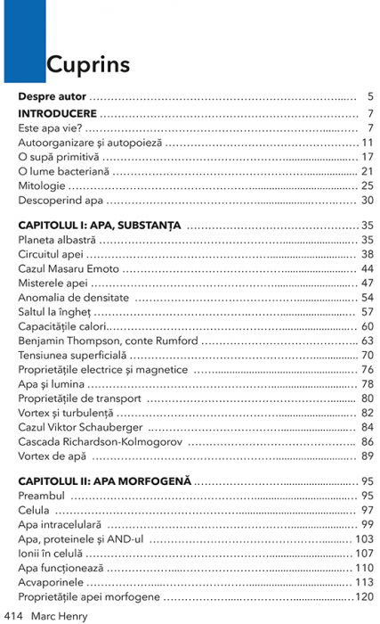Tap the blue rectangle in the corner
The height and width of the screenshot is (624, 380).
pos(22,40)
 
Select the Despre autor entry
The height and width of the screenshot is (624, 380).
pos(52,96)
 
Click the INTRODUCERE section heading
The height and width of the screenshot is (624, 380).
pos(57,114)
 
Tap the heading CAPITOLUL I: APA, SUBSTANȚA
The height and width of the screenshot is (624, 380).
pos(98,225)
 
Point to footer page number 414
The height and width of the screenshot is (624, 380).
pos(12,615)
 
